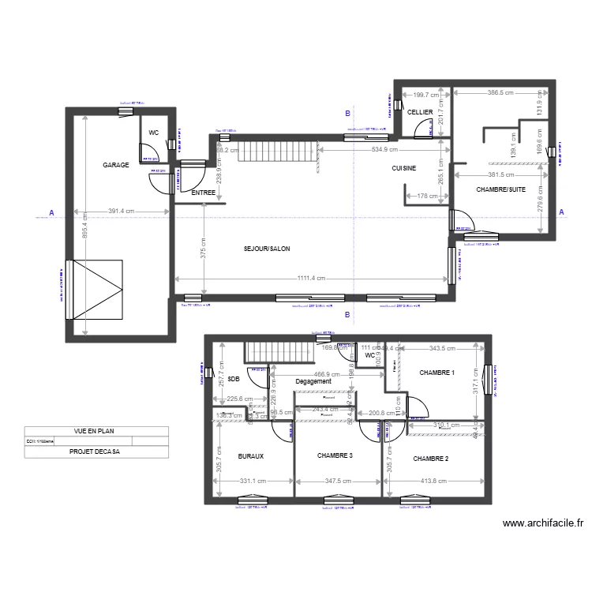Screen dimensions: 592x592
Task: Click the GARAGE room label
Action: pyautogui.click(x=115, y=165)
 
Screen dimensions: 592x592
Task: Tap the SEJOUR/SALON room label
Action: pyautogui.click(x=267, y=249)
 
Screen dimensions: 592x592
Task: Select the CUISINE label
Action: pyautogui.click(x=404, y=169)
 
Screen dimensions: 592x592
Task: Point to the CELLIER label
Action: pyautogui.click(x=420, y=113)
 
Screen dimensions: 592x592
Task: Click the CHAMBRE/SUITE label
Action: pyautogui.click(x=500, y=189)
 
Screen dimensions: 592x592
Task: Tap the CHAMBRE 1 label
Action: pyautogui.click(x=437, y=373)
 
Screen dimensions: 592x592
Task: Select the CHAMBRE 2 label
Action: pyautogui.click(x=430, y=459)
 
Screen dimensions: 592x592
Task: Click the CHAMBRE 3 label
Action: pyautogui.click(x=335, y=456)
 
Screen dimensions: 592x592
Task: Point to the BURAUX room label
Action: pyautogui.click(x=250, y=456)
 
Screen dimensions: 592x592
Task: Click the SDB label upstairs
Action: pyautogui.click(x=233, y=379)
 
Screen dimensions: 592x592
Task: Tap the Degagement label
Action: pyautogui.click(x=313, y=381)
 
